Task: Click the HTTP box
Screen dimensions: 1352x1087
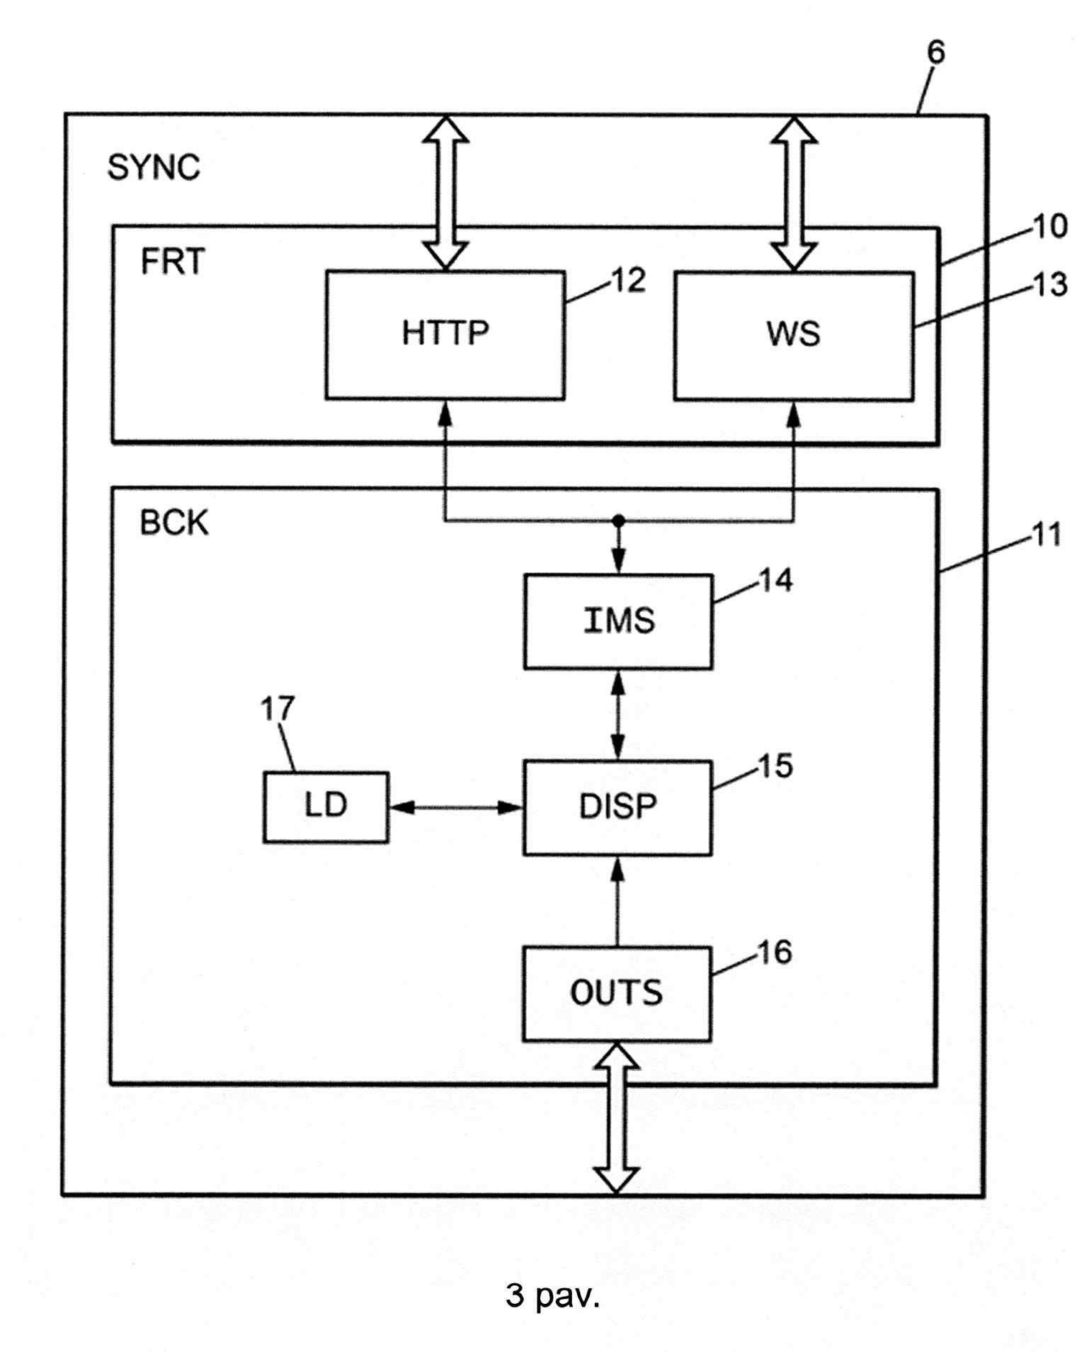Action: pyautogui.click(x=445, y=335)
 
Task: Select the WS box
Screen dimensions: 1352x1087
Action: pyautogui.click(x=794, y=336)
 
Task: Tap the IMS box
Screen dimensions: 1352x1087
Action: pyautogui.click(x=618, y=621)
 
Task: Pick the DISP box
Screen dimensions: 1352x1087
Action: pyautogui.click(x=618, y=807)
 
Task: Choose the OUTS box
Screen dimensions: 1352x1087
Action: pyautogui.click(x=617, y=994)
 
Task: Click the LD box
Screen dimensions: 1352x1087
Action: pyautogui.click(x=326, y=807)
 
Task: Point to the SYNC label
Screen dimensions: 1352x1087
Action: pyautogui.click(x=154, y=168)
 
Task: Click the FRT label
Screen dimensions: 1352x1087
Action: pyautogui.click(x=173, y=261)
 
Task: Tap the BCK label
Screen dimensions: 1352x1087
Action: pyautogui.click(x=174, y=523)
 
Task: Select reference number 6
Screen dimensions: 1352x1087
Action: pyautogui.click(x=935, y=52)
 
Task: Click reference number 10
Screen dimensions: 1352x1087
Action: pyautogui.click(x=1050, y=227)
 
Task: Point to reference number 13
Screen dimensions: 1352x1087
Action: pyautogui.click(x=1050, y=285)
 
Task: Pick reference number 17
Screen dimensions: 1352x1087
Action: pyautogui.click(x=277, y=708)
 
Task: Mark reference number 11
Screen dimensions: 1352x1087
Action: pyautogui.click(x=1047, y=535)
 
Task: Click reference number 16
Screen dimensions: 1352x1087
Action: pyautogui.click(x=775, y=953)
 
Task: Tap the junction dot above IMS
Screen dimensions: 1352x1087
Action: pyautogui.click(x=618, y=521)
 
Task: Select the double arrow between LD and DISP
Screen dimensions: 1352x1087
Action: pyautogui.click(x=455, y=807)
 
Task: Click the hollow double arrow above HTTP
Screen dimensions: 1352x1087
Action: pyautogui.click(x=445, y=193)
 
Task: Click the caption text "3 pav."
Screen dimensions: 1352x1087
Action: pyautogui.click(x=552, y=1295)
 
